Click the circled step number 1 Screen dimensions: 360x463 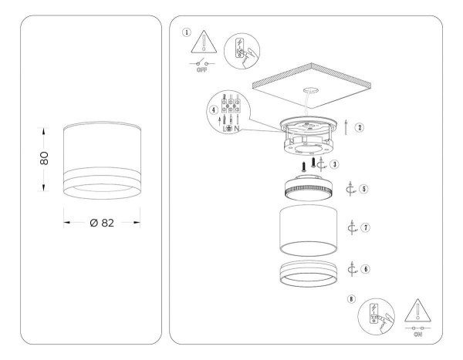tap(186, 32)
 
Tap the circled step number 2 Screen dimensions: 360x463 tap(360, 128)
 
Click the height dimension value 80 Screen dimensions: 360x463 tap(45, 158)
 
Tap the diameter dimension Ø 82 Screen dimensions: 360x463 tap(102, 223)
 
